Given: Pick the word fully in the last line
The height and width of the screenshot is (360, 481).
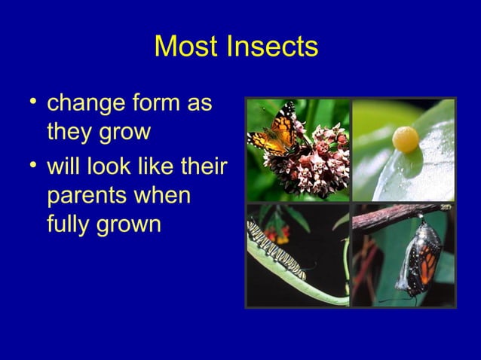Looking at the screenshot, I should point(70,224).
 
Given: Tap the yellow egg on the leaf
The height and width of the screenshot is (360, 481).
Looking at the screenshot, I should point(406,139).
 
